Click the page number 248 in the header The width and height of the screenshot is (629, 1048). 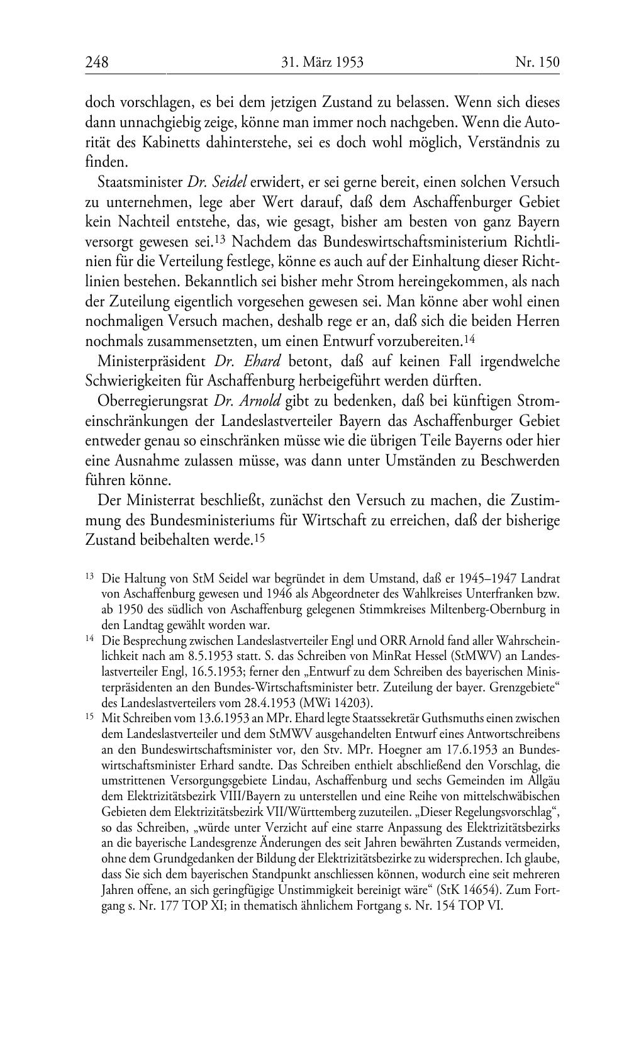coord(97,62)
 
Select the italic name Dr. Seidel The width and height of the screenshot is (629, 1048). coord(217,182)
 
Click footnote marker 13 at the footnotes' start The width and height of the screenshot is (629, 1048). coord(89,576)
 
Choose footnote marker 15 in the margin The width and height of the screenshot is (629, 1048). coord(89,717)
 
